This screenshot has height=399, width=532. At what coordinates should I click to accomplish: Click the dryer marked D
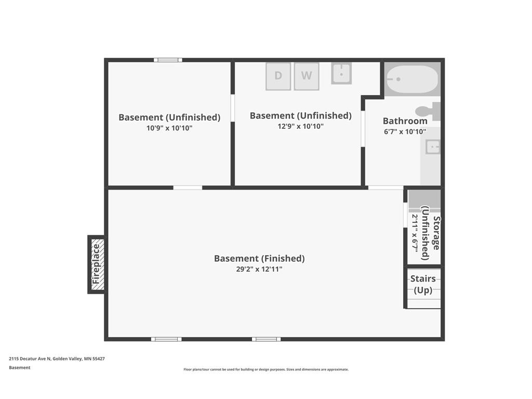278,76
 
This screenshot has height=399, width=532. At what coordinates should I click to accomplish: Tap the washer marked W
307,76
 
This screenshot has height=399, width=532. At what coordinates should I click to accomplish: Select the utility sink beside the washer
341,73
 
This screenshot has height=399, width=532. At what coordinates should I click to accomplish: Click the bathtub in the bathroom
413,79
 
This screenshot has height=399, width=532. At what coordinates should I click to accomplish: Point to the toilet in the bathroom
428,111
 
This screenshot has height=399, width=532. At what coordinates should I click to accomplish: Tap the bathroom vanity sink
433,148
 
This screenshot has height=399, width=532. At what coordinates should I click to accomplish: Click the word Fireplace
96,264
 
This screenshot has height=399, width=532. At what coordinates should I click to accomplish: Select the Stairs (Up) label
423,284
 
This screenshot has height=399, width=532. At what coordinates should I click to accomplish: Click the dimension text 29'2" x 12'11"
259,269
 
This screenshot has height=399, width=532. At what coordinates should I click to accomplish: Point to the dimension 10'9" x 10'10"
169,128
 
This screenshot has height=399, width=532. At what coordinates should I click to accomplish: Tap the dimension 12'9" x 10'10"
301,126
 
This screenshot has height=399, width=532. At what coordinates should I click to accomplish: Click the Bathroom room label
405,121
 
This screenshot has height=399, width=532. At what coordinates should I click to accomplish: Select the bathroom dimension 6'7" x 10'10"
405,131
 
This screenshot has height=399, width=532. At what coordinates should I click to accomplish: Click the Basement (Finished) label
259,259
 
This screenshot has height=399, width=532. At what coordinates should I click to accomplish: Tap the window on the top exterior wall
168,60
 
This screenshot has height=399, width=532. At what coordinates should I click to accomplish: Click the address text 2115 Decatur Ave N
30,358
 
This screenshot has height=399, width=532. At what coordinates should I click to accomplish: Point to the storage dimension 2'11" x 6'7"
415,233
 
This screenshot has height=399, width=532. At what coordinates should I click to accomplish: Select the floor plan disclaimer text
266,369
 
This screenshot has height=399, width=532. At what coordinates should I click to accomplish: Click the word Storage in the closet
436,233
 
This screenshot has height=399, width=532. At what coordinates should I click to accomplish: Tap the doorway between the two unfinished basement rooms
232,108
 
